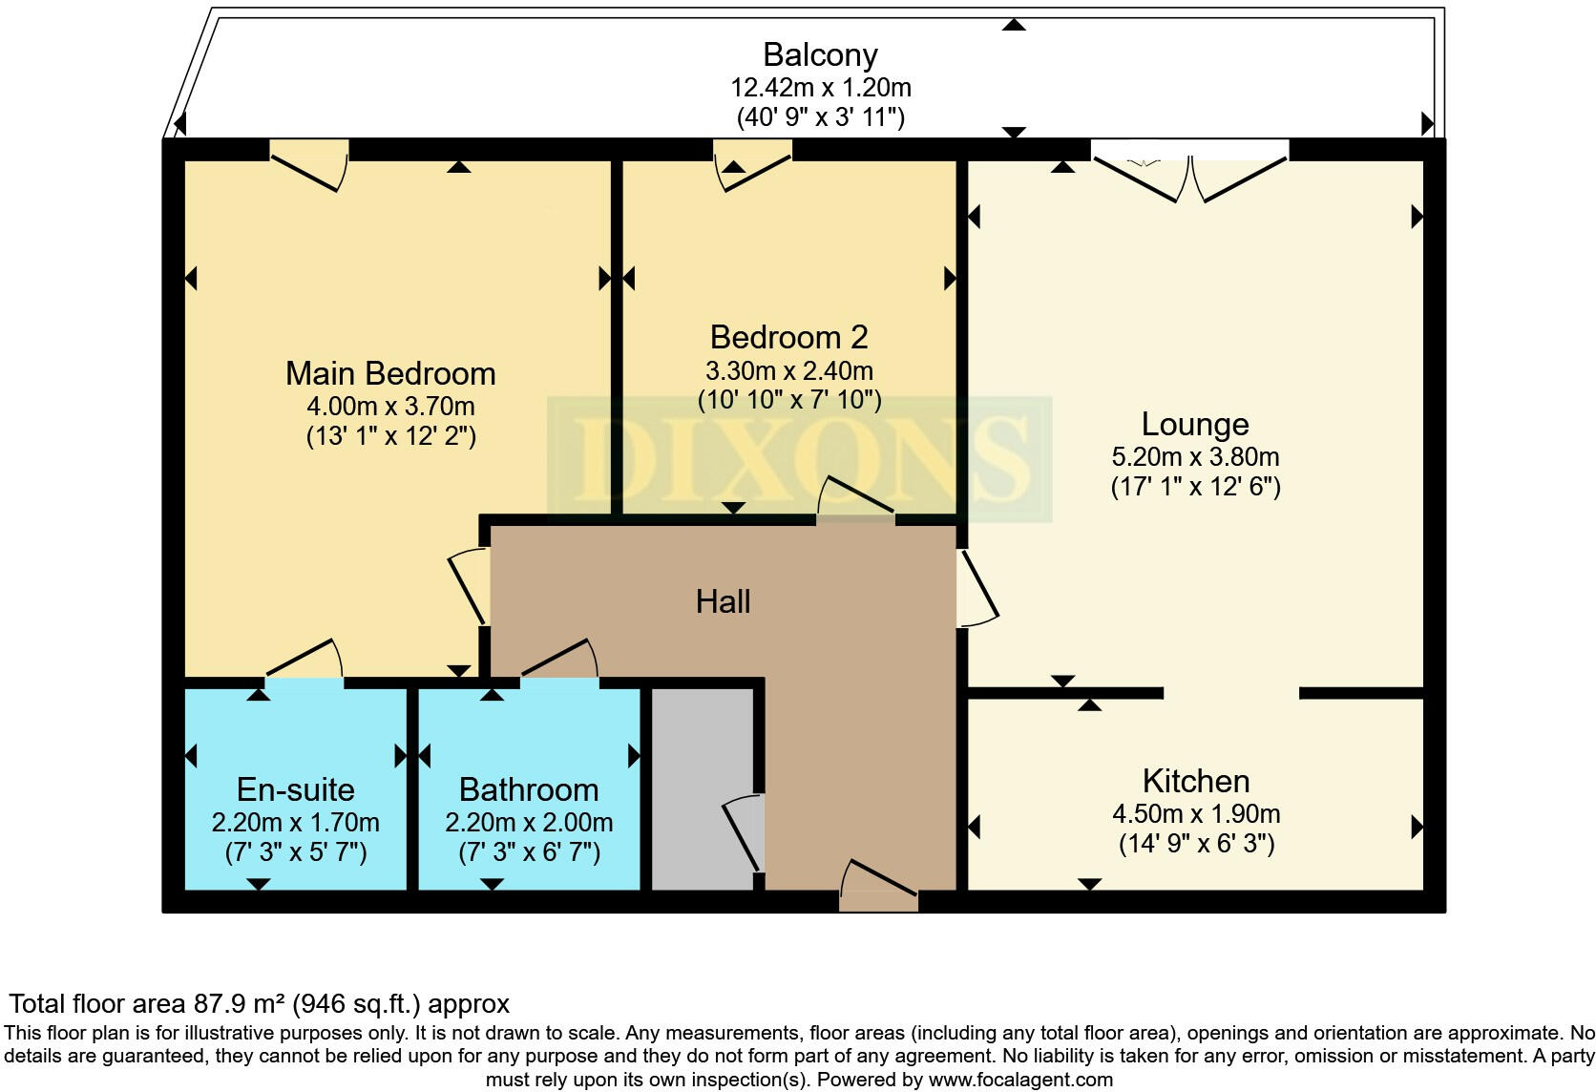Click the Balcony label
click(820, 55)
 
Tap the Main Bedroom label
click(390, 373)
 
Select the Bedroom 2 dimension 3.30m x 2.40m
click(788, 370)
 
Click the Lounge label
click(1195, 424)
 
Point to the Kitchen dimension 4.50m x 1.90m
click(1196, 814)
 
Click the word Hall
click(723, 601)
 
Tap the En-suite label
click(295, 789)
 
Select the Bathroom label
click(529, 789)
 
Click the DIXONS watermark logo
click(799, 459)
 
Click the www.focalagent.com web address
click(1020, 1080)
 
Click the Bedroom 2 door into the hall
click(855, 499)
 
